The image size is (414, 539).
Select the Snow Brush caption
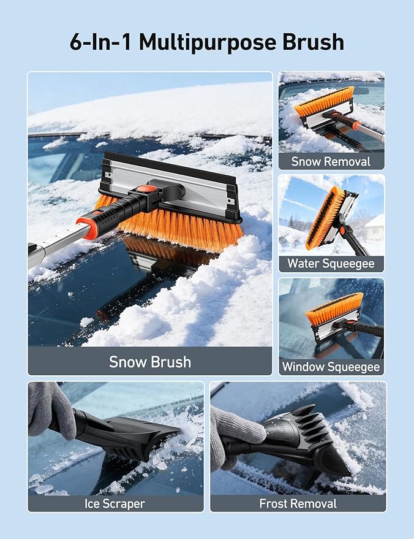click(149, 361)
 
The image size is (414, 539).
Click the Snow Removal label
click(331, 161)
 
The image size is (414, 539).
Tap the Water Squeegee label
click(331, 264)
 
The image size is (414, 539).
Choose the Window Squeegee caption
click(331, 367)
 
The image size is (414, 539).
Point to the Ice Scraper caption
click(115, 503)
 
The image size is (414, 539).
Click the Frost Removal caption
click(298, 503)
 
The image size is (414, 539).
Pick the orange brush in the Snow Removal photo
click(325, 102)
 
